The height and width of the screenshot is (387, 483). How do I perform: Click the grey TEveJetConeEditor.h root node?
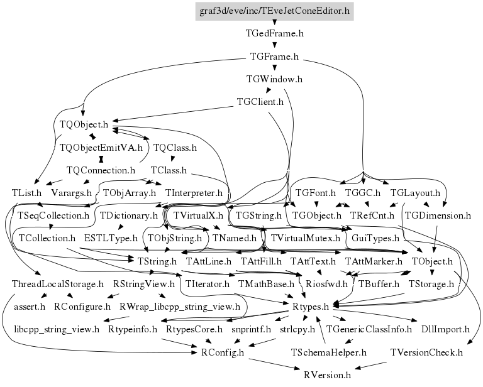pyautogui.click(x=274, y=11)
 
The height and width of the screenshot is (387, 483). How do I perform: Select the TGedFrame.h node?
pyautogui.click(x=274, y=33)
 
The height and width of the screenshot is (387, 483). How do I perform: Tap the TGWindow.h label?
pyautogui.click(x=274, y=79)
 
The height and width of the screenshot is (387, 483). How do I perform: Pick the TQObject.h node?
pyautogui.click(x=84, y=124)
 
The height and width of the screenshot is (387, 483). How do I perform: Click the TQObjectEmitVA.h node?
pyautogui.click(x=101, y=148)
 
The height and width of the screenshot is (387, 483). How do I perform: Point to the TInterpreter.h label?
pyautogui.click(x=194, y=193)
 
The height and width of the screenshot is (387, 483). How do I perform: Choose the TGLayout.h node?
pyautogui.click(x=415, y=193)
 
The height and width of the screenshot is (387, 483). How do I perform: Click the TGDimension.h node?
pyautogui.click(x=438, y=215)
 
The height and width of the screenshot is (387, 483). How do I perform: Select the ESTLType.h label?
pyautogui.click(x=111, y=238)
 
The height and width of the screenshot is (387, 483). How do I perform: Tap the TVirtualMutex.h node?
pyautogui.click(x=305, y=238)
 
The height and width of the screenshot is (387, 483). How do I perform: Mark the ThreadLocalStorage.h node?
pyautogui.click(x=58, y=284)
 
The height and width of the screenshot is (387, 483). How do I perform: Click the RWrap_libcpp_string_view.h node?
pyautogui.click(x=180, y=307)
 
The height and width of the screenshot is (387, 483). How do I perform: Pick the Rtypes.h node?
pyautogui.click(x=311, y=307)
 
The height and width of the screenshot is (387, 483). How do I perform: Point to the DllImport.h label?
pyautogui.click(x=445, y=329)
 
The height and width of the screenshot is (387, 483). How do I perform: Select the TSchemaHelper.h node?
pyautogui.click(x=329, y=352)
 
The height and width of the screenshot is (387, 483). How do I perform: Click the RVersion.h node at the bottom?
pyautogui.click(x=327, y=375)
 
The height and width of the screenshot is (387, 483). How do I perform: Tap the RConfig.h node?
pyautogui.click(x=223, y=352)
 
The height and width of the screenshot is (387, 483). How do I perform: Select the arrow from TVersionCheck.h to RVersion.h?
pyautogui.click(x=370, y=366)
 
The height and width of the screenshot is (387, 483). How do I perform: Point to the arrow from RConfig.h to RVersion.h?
pyautogui.click(x=274, y=364)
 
